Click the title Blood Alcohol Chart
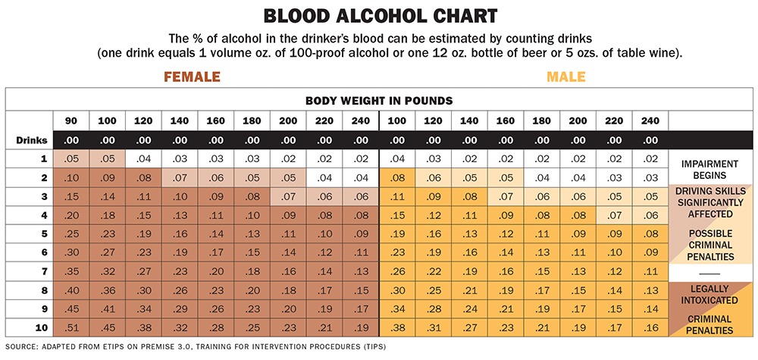coord(378,16)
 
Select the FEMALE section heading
coord(193,77)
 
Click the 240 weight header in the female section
coord(361,121)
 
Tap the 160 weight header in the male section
coord(506,121)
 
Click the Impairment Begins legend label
coord(709,170)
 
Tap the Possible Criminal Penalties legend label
coord(709,245)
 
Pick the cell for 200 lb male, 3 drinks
coord(578,196)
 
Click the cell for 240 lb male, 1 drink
coord(650,158)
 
